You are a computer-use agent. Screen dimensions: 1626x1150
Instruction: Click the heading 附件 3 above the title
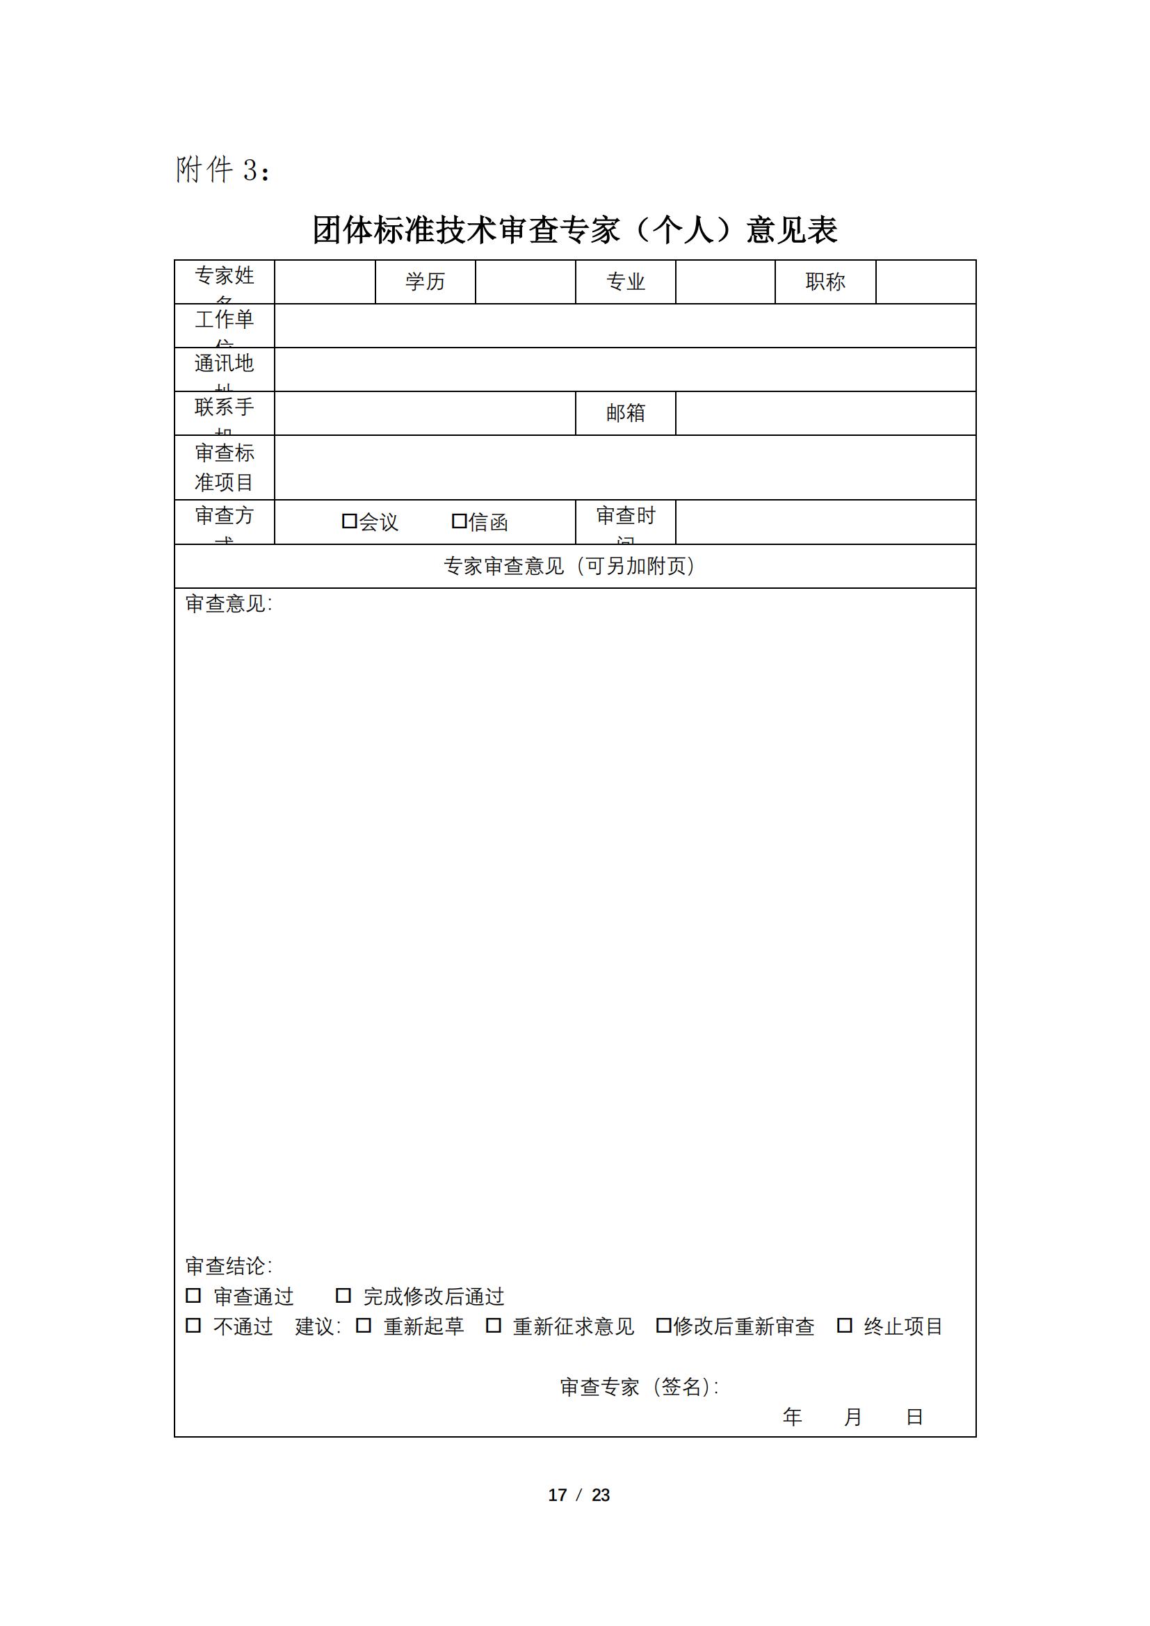pyautogui.click(x=222, y=170)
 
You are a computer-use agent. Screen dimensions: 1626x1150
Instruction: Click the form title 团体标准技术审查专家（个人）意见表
pyautogui.click(x=574, y=231)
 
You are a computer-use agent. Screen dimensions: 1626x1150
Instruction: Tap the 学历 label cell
pyautogui.click(x=425, y=282)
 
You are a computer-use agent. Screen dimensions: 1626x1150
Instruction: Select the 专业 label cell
pyautogui.click(x=625, y=282)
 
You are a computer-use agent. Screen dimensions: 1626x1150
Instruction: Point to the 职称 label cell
pyautogui.click(x=825, y=282)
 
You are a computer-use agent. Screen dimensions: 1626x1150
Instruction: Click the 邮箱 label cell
pyautogui.click(x=625, y=413)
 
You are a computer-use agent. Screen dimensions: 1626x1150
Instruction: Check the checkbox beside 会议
pyautogui.click(x=349, y=521)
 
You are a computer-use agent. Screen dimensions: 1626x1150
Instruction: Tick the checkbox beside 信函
pyautogui.click(x=459, y=521)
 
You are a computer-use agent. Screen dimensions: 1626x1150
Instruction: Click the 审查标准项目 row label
pyautogui.click(x=224, y=467)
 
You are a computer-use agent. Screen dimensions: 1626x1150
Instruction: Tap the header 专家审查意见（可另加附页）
pyautogui.click(x=570, y=566)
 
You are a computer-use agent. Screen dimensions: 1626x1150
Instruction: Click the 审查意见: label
pyautogui.click(x=228, y=603)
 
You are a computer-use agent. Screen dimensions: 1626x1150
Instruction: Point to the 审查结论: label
pyautogui.click(x=228, y=1265)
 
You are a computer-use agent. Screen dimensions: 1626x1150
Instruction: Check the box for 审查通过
pyautogui.click(x=193, y=1295)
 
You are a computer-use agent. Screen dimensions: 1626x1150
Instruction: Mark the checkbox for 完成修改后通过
pyautogui.click(x=343, y=1295)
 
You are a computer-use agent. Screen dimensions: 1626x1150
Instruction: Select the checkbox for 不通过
pyautogui.click(x=193, y=1325)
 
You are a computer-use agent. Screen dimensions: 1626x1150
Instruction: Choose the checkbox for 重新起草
pyautogui.click(x=363, y=1325)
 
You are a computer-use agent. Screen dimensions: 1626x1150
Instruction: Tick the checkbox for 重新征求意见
pyautogui.click(x=494, y=1325)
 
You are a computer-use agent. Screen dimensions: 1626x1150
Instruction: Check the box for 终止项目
pyautogui.click(x=844, y=1325)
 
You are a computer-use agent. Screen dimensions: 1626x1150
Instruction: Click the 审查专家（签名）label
pyautogui.click(x=639, y=1387)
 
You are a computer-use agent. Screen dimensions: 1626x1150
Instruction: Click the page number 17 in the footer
pyautogui.click(x=558, y=1495)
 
